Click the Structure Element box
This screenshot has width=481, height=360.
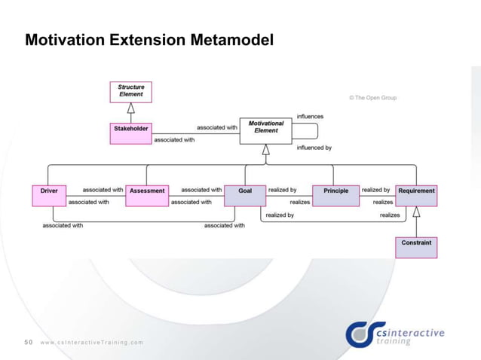tap(131, 91)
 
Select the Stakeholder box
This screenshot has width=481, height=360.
tap(131, 129)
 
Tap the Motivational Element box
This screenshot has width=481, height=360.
tap(265, 127)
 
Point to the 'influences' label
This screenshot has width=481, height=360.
tap(310, 116)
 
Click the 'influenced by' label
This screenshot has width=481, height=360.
tap(314, 148)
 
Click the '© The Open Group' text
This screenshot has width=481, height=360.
tap(372, 98)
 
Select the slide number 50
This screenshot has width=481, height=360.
tap(29, 342)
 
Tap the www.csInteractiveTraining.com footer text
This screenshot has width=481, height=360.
tap(91, 343)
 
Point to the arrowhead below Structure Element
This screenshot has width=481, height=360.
tap(131, 107)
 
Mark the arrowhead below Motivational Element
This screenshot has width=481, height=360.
tap(265, 148)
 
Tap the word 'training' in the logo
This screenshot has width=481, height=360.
tap(394, 341)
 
